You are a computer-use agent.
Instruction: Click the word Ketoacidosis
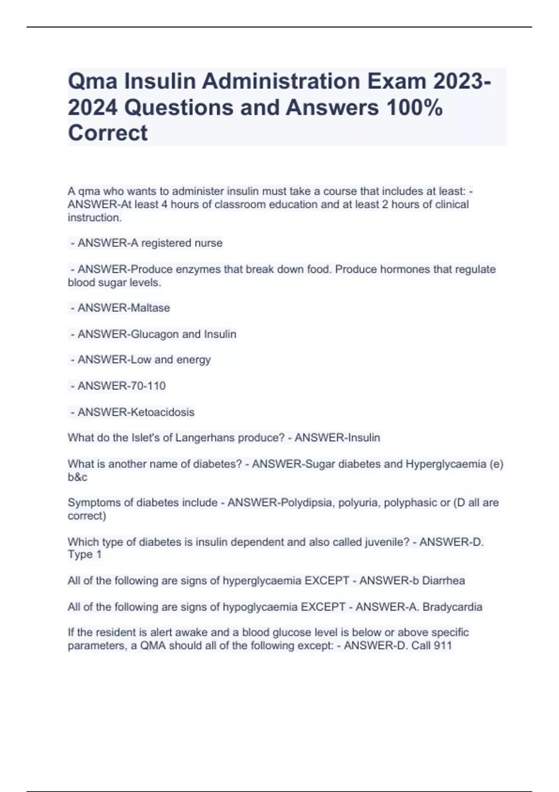click(x=163, y=412)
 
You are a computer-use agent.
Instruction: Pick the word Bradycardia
click(x=452, y=607)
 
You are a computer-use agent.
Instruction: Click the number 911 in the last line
click(x=443, y=646)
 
